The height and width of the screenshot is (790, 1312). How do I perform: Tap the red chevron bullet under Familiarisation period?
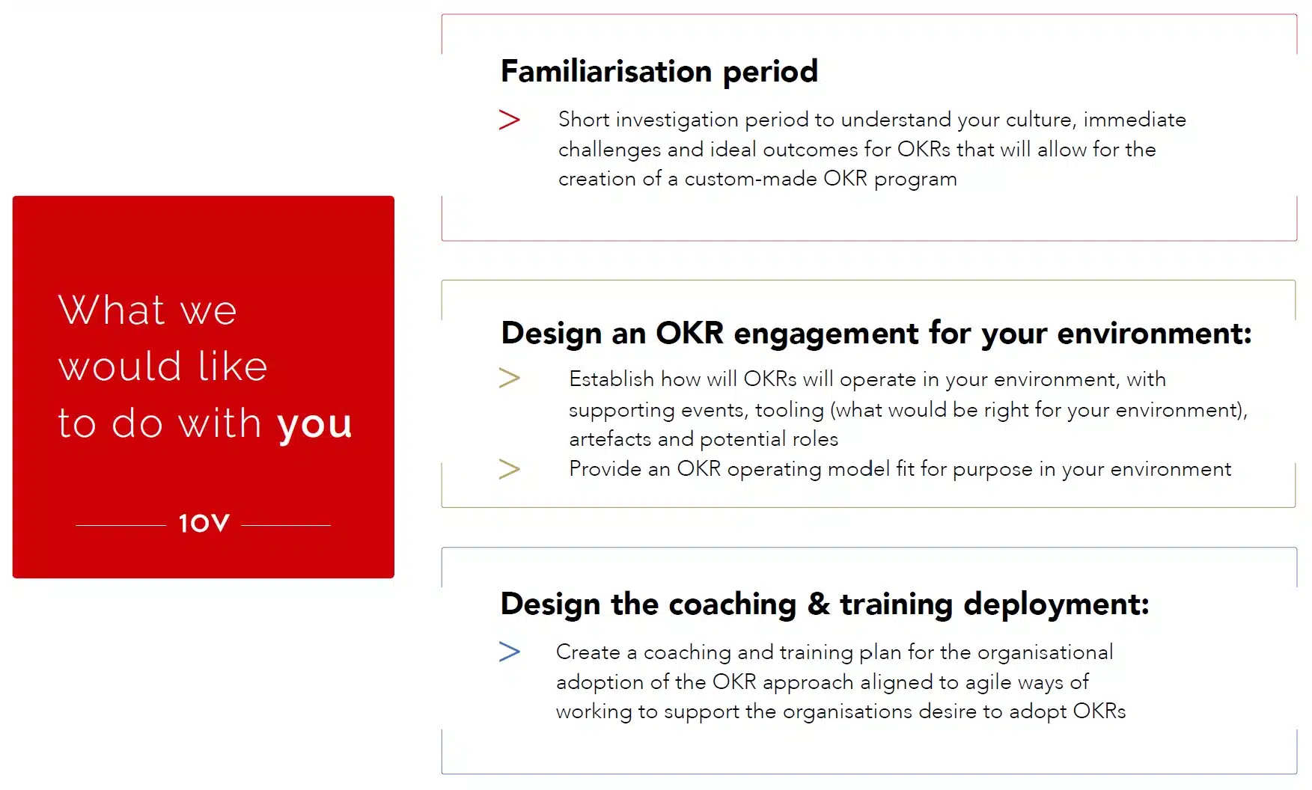pyautogui.click(x=510, y=120)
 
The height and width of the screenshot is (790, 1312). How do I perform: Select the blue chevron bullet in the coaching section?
pyautogui.click(x=510, y=652)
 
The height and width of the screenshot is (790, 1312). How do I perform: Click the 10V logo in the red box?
pyautogui.click(x=204, y=523)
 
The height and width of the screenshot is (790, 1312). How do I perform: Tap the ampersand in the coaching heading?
pyautogui.click(x=818, y=604)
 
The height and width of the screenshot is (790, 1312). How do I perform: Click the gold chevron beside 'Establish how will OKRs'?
pyautogui.click(x=510, y=378)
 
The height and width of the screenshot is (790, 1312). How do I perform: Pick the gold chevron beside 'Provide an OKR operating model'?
pyautogui.click(x=510, y=469)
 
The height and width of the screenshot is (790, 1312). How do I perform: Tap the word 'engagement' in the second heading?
pyautogui.click(x=826, y=334)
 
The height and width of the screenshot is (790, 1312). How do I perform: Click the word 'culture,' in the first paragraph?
pyautogui.click(x=1041, y=120)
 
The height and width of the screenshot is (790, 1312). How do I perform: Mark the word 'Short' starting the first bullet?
pyautogui.click(x=584, y=120)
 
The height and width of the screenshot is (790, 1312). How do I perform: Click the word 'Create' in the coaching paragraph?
pyautogui.click(x=588, y=652)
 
